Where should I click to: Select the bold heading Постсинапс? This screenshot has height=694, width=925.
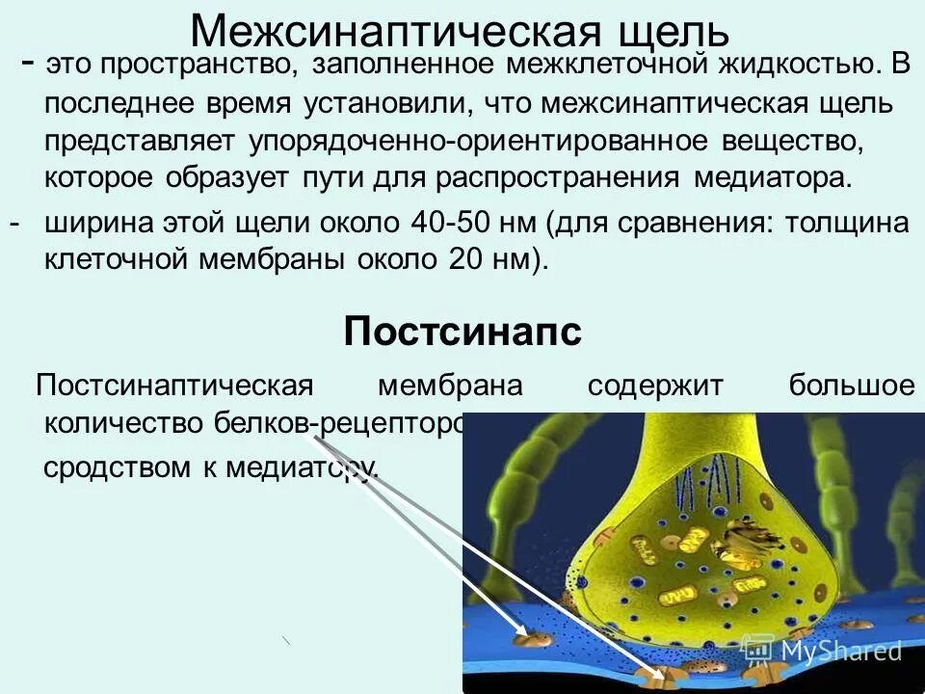(462, 334)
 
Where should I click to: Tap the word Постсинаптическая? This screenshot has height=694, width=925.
(174, 387)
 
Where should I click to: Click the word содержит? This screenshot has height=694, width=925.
(654, 387)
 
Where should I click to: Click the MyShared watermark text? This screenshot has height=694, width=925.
(840, 651)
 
